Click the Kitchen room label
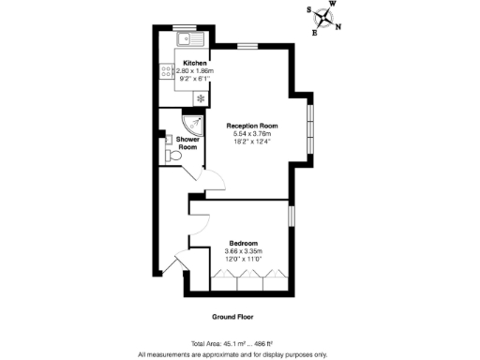(195, 63)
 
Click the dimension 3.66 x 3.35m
(243, 250)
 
